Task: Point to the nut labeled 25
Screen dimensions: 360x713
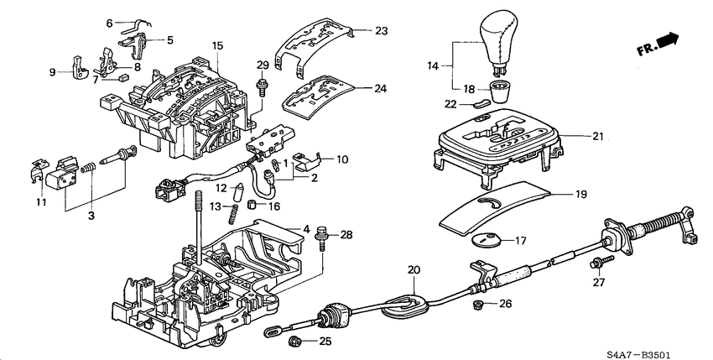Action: [x=296, y=342]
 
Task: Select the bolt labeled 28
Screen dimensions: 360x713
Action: [x=322, y=239]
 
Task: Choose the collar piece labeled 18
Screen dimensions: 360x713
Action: [x=501, y=89]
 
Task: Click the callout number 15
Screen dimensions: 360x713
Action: [x=217, y=44]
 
